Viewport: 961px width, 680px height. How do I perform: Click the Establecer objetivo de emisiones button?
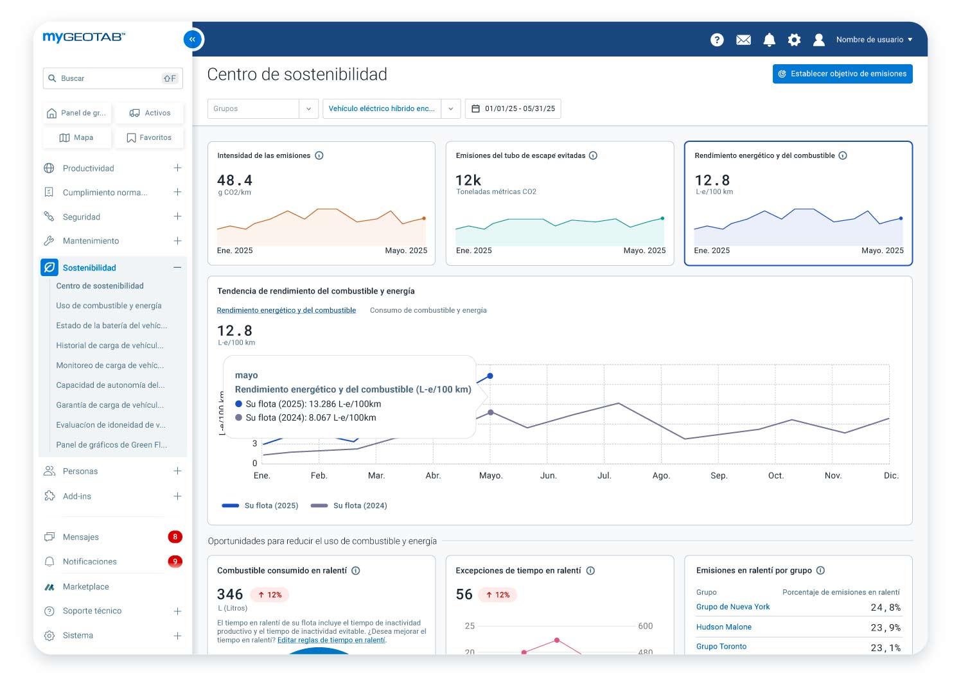[x=842, y=74]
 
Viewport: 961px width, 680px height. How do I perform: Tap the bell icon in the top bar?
[x=769, y=40]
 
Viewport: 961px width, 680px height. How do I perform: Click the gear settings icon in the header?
[x=794, y=40]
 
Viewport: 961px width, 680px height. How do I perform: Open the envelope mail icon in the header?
[x=743, y=40]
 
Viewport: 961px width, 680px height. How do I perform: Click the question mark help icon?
[x=717, y=40]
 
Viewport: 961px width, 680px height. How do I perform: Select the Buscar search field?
[x=109, y=78]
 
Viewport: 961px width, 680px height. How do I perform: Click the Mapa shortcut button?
[x=76, y=137]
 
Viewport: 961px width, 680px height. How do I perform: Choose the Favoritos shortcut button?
[x=149, y=137]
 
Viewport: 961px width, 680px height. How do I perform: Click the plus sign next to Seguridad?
[x=177, y=216]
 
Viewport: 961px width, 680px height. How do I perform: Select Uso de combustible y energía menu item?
[x=109, y=306]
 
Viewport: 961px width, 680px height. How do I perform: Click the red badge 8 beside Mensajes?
[x=175, y=537]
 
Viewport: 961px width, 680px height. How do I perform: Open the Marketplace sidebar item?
[x=85, y=587]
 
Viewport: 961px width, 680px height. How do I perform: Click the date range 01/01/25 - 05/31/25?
[x=513, y=109]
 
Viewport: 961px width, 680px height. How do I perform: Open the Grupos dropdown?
[x=263, y=109]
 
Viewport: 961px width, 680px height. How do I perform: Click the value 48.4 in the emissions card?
[x=235, y=180]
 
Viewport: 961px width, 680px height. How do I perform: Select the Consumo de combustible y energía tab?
[x=428, y=310]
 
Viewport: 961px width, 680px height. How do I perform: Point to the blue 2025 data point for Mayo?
[x=490, y=376]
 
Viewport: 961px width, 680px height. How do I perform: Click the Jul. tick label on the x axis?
[x=604, y=476]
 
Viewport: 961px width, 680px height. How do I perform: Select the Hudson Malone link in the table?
[x=723, y=627]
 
